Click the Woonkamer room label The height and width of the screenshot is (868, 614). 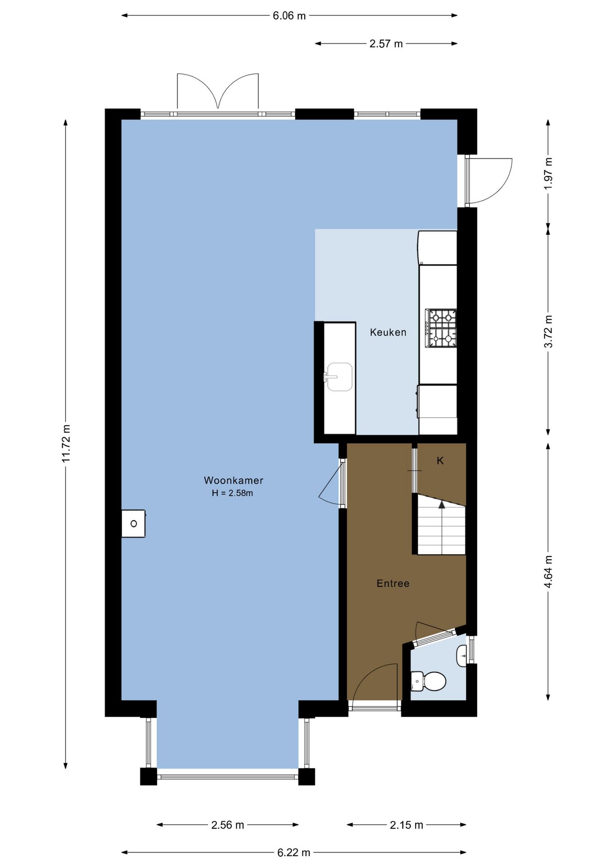click(x=233, y=481)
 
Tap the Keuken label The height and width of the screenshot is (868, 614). click(x=388, y=332)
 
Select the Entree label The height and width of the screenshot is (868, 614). click(x=393, y=583)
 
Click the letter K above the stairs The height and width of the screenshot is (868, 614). click(x=440, y=461)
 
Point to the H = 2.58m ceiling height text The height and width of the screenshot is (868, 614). click(x=232, y=493)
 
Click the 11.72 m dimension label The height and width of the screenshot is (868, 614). click(x=66, y=443)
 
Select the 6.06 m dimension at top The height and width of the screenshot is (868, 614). click(x=289, y=16)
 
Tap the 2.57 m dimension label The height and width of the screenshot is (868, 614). click(x=386, y=44)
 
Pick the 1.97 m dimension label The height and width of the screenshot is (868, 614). click(x=548, y=174)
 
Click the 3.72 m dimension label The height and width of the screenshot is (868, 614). click(x=548, y=331)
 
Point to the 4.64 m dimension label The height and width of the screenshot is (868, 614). click(x=548, y=572)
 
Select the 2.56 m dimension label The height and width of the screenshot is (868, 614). click(x=228, y=825)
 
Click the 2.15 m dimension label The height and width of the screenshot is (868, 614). click(x=406, y=825)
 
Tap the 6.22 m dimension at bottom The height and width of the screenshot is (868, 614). click(x=294, y=853)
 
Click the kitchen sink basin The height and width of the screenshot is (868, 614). click(x=340, y=377)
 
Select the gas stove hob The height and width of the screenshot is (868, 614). click(x=441, y=328)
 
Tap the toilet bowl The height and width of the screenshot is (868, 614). click(x=435, y=681)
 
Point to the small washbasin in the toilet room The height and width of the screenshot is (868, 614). click(x=462, y=656)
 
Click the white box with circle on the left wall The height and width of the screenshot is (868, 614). click(x=133, y=524)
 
